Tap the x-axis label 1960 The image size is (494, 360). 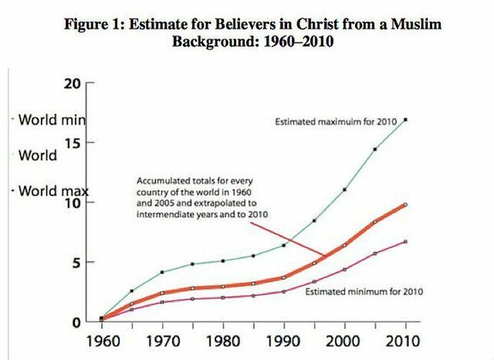point(102,341)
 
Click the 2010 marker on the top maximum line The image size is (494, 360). point(405,120)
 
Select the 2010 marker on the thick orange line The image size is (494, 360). point(405,205)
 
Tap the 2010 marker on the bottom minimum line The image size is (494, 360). point(405,242)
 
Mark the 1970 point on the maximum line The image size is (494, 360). point(162,272)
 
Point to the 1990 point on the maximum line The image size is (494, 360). point(284,245)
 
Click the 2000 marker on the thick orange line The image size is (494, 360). point(345,245)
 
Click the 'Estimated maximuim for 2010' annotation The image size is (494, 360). point(336,122)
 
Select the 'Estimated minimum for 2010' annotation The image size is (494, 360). point(364,292)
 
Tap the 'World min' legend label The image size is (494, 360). point(52,120)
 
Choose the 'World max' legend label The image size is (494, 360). point(53,191)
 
